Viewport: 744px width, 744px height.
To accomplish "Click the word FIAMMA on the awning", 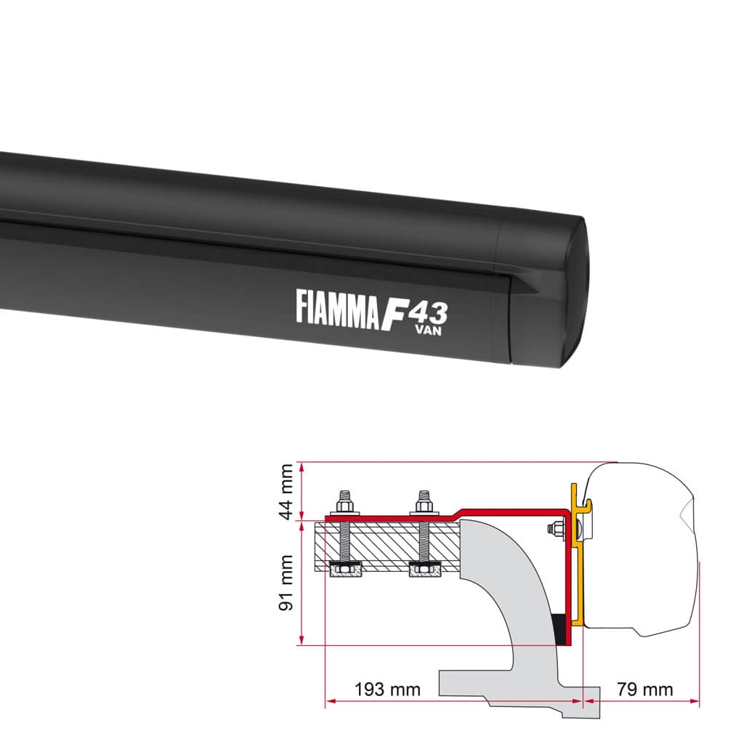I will click(335, 306).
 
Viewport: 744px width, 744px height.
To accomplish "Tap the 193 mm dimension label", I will click(388, 688).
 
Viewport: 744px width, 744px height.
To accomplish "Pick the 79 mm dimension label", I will click(644, 688).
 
